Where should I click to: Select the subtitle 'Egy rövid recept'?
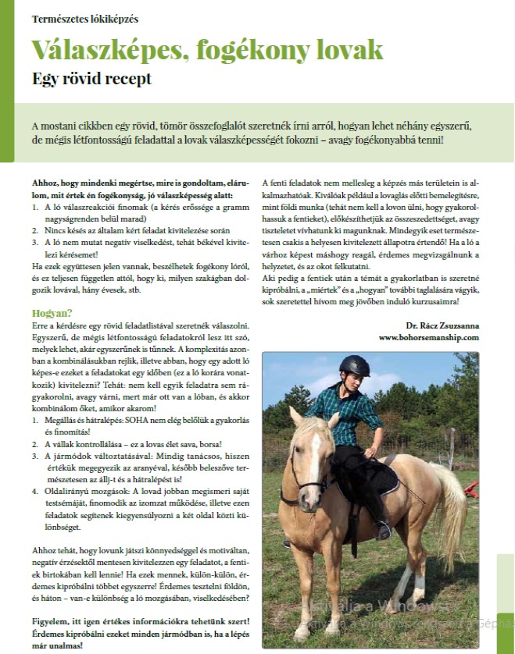tap(91, 78)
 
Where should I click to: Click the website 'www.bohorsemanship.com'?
tap(427, 337)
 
